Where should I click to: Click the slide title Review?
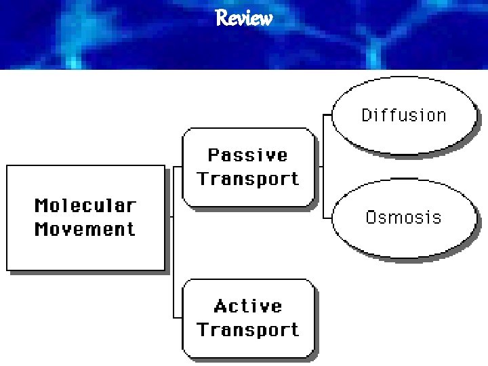point(244,18)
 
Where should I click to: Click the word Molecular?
point(85,205)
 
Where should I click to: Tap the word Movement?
point(85,229)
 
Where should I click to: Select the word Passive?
point(247,155)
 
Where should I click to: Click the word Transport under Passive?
point(247,179)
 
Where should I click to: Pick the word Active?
point(247,306)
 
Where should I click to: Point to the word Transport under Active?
point(247,330)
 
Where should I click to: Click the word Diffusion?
point(404,115)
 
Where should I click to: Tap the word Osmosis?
point(403,218)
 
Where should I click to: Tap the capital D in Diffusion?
point(367,115)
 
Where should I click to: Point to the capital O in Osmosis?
point(371,218)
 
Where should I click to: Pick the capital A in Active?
point(220,306)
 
